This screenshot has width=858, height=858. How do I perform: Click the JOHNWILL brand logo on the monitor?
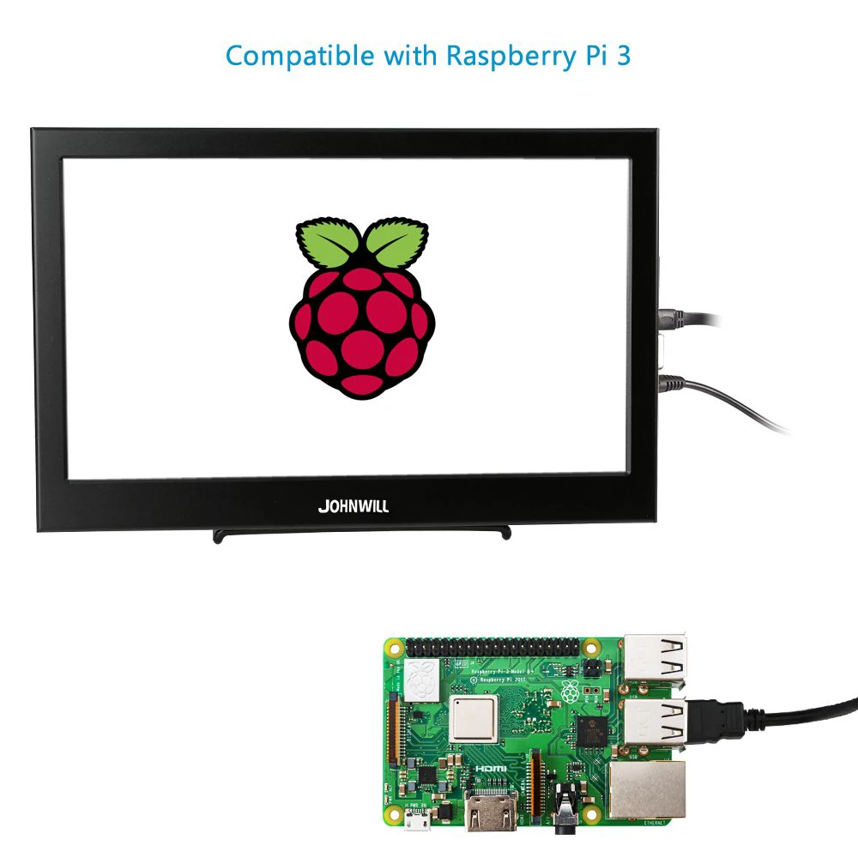tap(353, 506)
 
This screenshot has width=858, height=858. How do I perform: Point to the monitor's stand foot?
tap(361, 535)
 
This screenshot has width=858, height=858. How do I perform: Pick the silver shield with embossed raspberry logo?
tap(423, 678)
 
